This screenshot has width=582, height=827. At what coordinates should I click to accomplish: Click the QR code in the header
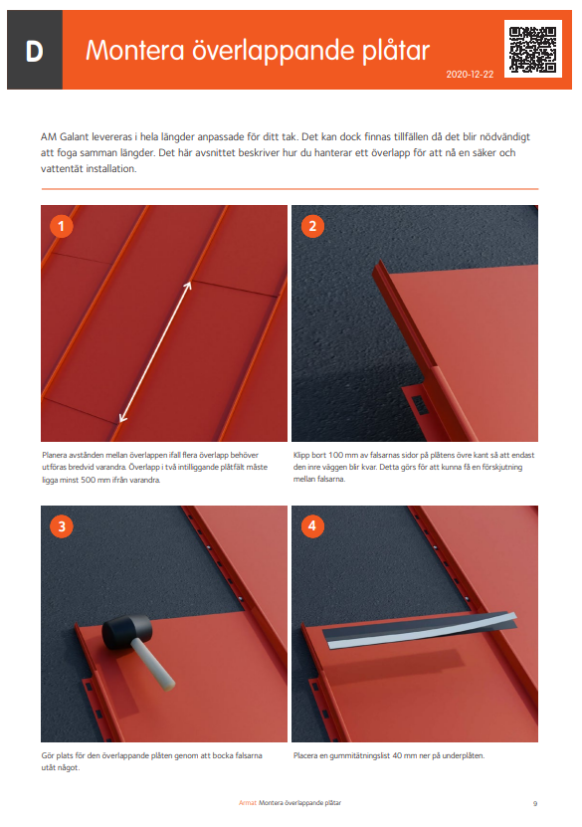pyautogui.click(x=533, y=48)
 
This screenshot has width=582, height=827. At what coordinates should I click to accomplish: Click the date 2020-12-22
pyautogui.click(x=471, y=75)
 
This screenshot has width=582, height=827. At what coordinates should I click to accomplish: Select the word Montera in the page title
pyautogui.click(x=131, y=52)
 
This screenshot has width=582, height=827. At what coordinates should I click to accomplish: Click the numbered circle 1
pyautogui.click(x=63, y=226)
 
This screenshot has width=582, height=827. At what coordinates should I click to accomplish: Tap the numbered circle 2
pyautogui.click(x=312, y=226)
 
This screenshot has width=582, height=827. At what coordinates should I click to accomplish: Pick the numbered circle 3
pyautogui.click(x=63, y=526)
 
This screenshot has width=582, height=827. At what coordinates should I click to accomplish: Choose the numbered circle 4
pyautogui.click(x=312, y=526)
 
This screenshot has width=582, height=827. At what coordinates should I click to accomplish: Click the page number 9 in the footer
pyautogui.click(x=534, y=802)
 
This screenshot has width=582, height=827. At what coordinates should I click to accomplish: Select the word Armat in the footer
pyautogui.click(x=247, y=802)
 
